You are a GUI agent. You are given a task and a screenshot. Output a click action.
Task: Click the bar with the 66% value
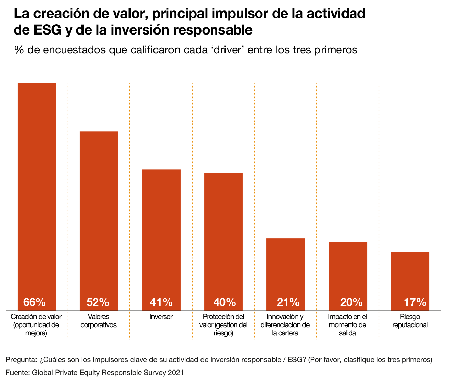37,189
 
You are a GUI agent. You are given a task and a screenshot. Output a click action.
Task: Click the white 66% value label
34,302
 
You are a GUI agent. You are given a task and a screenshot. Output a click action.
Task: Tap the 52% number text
98,302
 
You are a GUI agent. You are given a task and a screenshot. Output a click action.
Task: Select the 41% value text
161,302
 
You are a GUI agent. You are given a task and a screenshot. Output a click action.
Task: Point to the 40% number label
224,302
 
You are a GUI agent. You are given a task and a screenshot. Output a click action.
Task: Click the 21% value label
288,302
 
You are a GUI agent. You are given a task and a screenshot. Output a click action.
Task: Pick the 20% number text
351,302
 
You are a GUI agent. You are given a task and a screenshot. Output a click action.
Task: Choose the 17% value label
415,302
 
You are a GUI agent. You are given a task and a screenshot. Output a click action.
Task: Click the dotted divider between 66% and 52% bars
68,210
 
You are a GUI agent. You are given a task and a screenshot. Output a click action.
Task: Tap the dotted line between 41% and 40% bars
192,210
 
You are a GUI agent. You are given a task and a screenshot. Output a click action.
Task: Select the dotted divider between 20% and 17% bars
379,210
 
